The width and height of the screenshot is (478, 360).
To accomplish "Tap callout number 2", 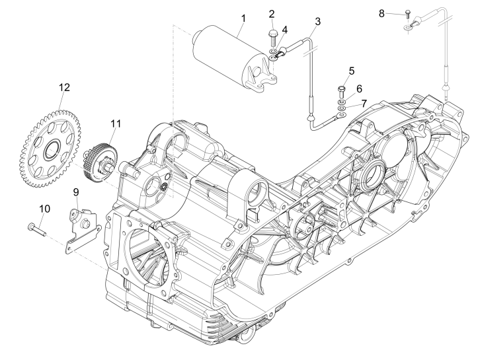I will click(272, 14).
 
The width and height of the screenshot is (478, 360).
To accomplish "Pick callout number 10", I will click(44, 208).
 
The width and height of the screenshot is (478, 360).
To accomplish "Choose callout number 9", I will click(75, 192).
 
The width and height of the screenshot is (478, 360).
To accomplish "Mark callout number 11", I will click(116, 123).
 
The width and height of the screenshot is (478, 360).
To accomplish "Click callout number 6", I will click(360, 88).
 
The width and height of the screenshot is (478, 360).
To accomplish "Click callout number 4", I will click(285, 30).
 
